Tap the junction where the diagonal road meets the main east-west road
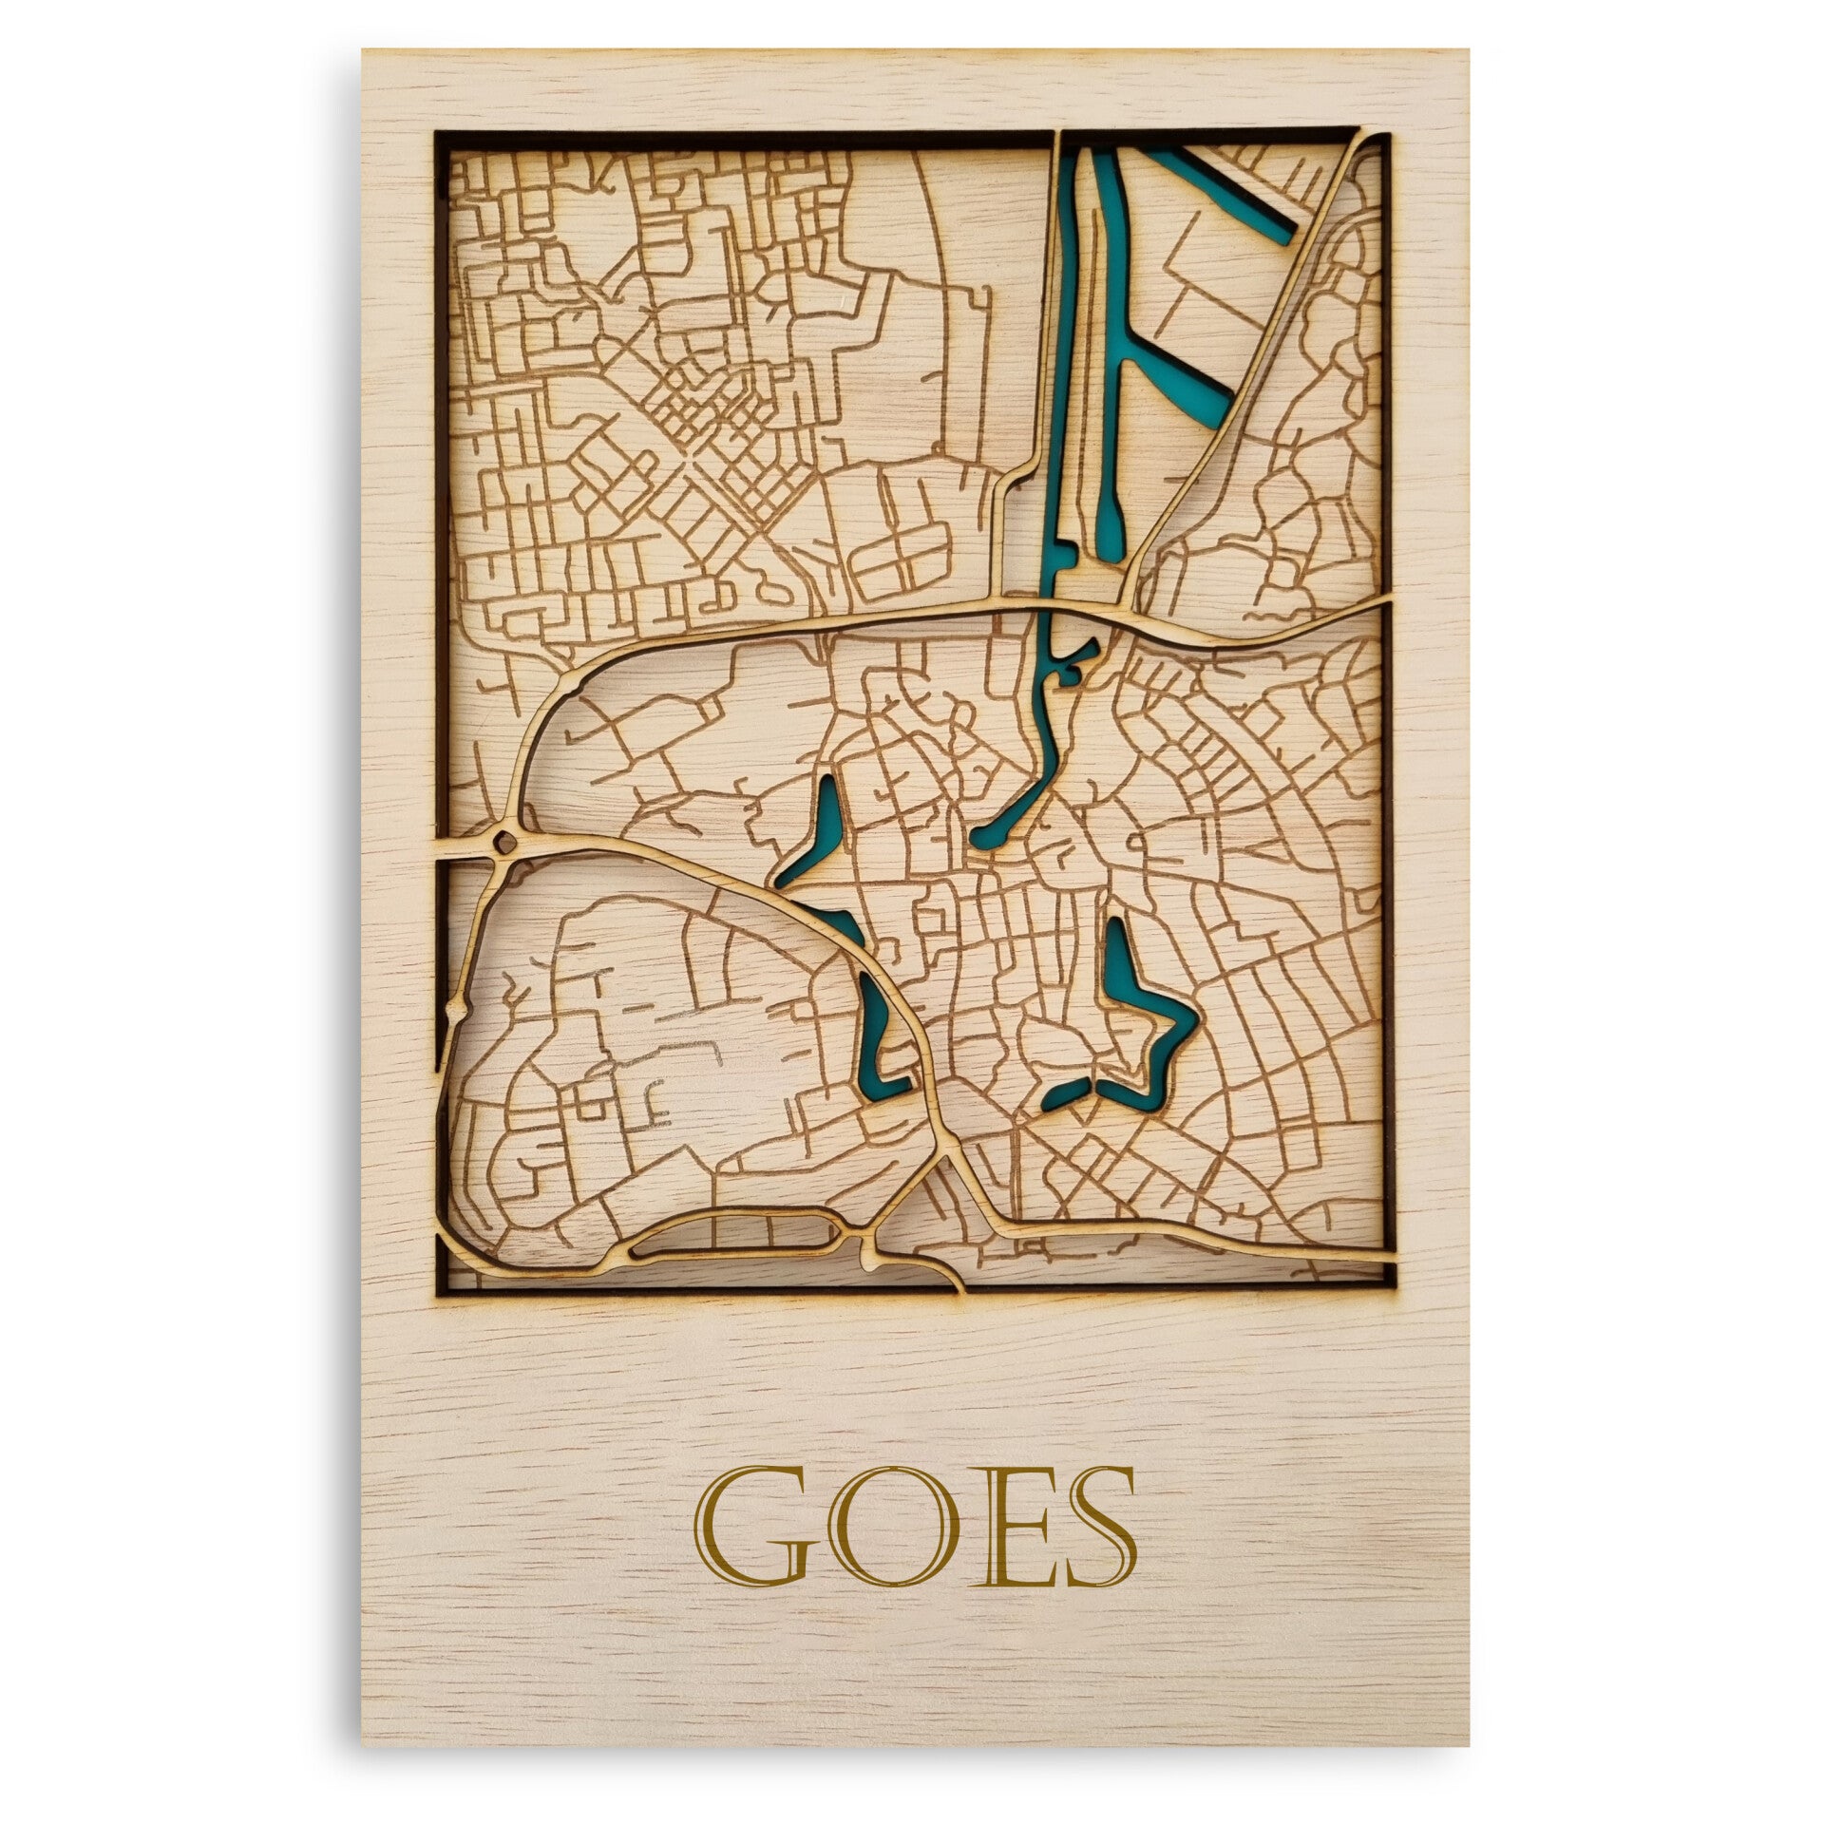click(1125, 608)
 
